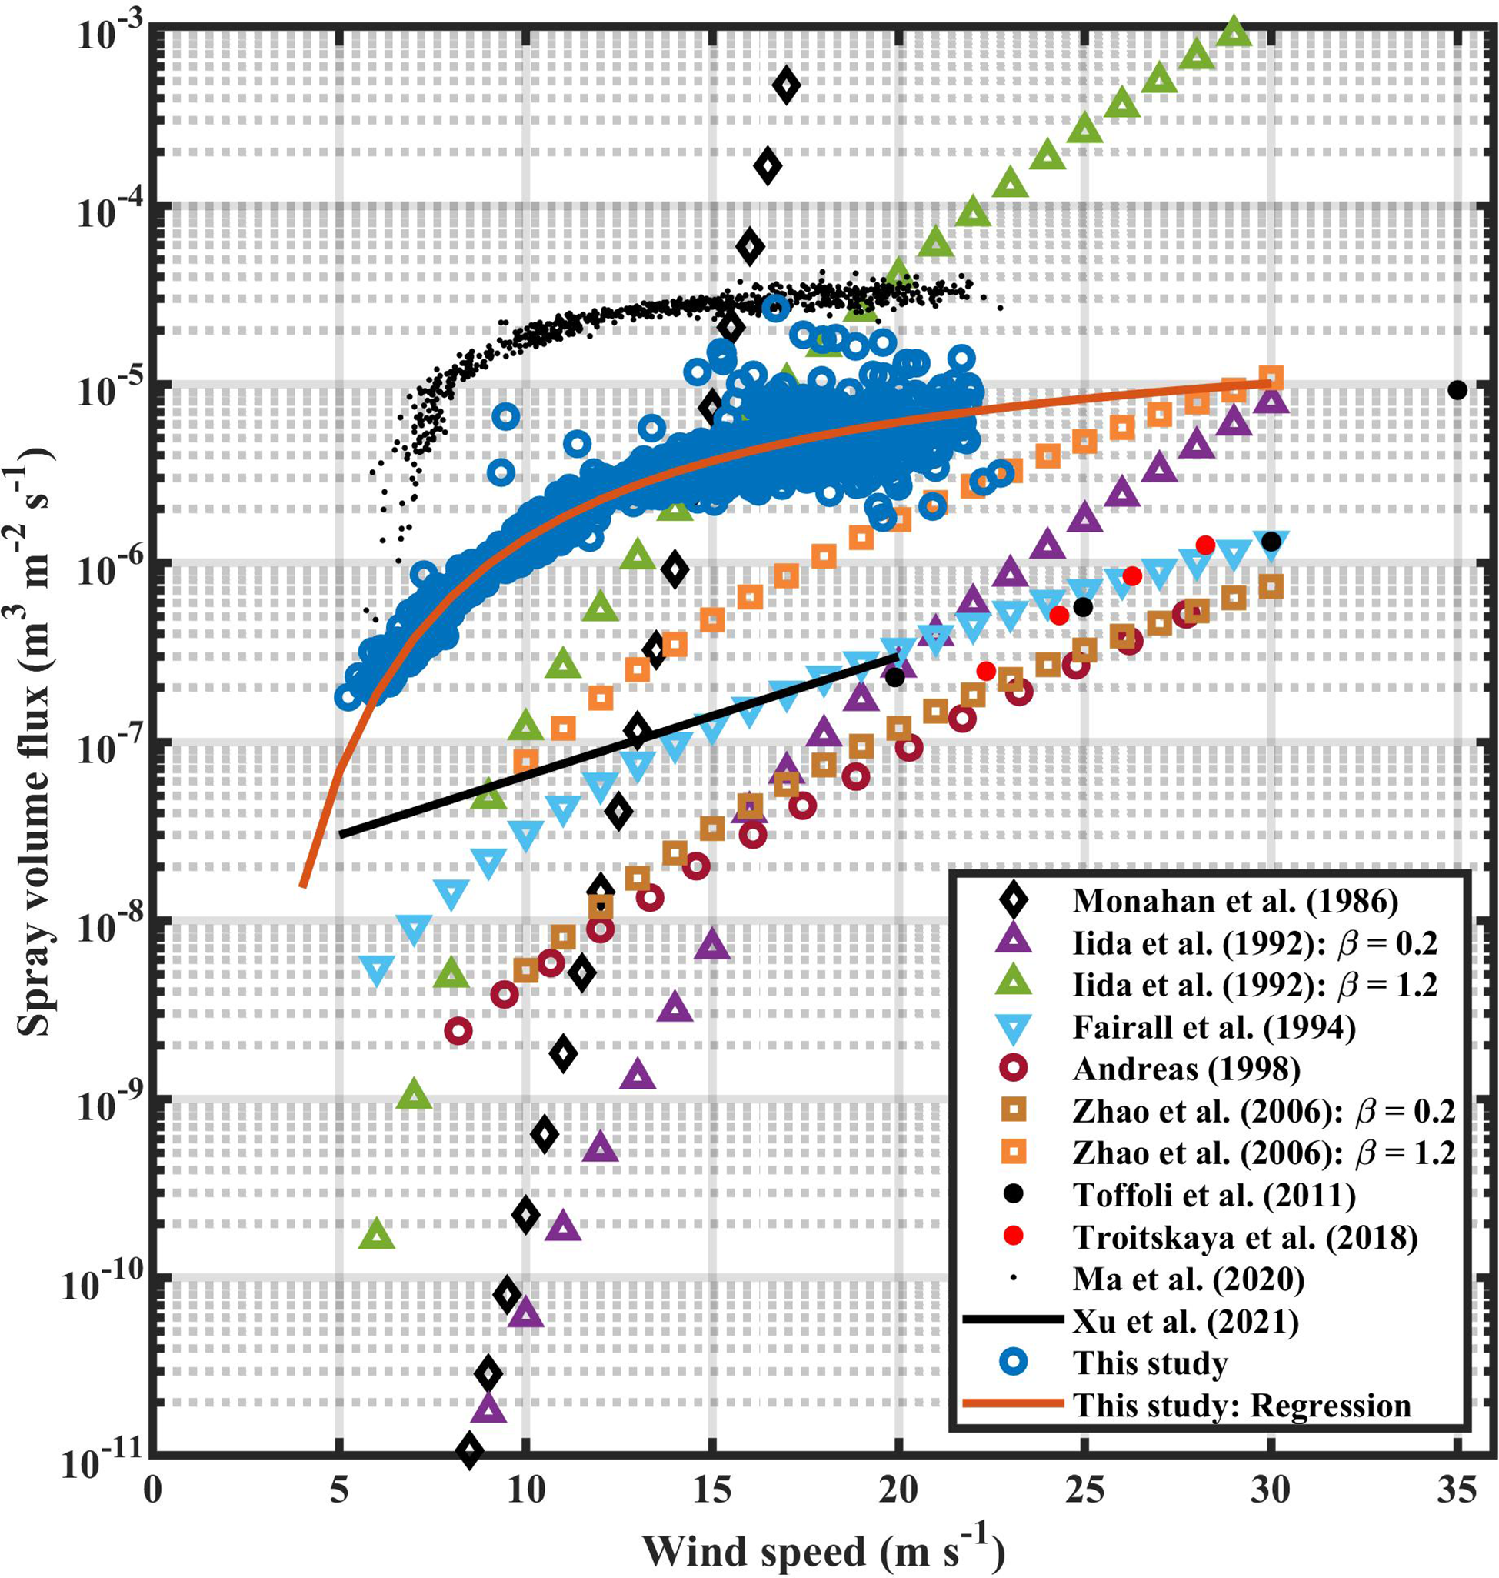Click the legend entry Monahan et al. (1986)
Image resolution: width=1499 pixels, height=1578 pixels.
(1235, 901)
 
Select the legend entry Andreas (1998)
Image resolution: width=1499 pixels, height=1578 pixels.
(1186, 1069)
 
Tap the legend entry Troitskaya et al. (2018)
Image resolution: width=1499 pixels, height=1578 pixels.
(1245, 1237)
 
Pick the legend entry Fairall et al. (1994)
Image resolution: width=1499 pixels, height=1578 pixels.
(1214, 1027)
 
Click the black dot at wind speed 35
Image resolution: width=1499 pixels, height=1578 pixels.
(1457, 390)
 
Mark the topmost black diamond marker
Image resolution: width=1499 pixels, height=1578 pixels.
(786, 85)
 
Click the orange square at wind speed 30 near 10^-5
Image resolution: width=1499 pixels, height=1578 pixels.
(1271, 377)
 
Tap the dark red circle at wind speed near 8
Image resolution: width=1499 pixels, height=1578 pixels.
(458, 1031)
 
